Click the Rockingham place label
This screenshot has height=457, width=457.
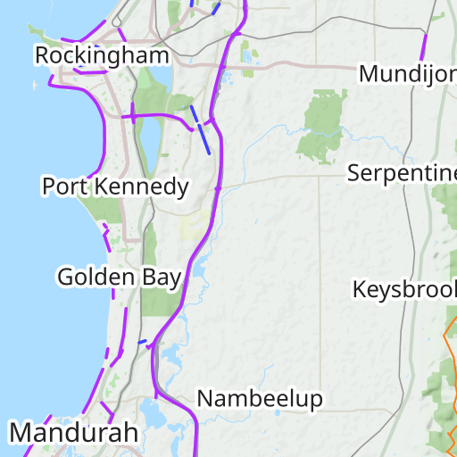tap(102, 55)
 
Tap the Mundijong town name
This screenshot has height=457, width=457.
tap(407, 73)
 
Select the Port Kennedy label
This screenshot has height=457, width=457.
tap(116, 187)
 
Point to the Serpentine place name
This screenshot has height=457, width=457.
tap(402, 172)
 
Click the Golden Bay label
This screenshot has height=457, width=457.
tap(120, 277)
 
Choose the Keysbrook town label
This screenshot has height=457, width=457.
tap(404, 289)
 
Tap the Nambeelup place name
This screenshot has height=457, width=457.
tap(260, 398)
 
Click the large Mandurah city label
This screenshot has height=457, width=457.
tap(75, 433)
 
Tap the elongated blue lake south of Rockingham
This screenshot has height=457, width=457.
tap(151, 134)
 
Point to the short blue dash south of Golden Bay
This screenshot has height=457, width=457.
tap(142, 341)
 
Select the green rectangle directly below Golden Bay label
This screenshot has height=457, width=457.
tap(159, 303)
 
